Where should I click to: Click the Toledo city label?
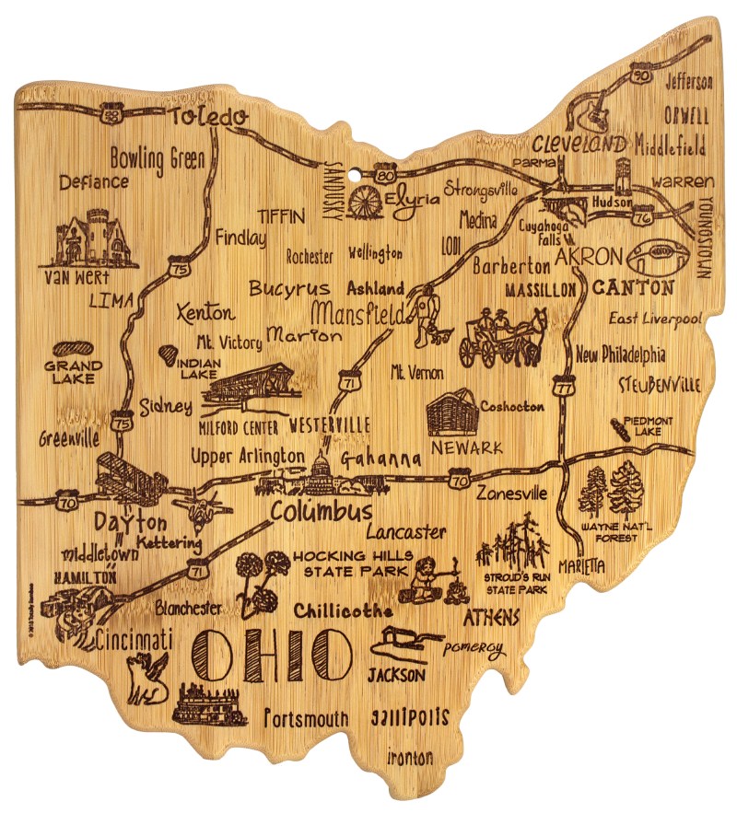click(x=209, y=116)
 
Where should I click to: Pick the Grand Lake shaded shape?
click(x=72, y=350)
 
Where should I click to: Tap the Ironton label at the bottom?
click(x=410, y=759)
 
